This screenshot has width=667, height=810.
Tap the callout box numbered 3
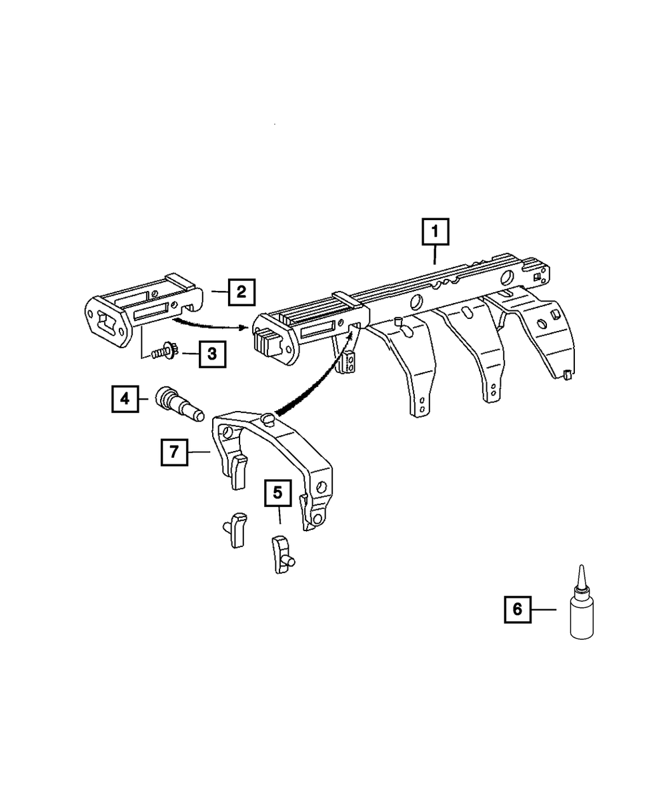(x=211, y=354)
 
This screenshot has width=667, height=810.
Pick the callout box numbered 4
(x=125, y=400)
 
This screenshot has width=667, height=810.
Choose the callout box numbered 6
(x=518, y=609)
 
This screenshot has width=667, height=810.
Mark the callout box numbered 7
(x=173, y=452)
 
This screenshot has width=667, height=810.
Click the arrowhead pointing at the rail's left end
(x=246, y=328)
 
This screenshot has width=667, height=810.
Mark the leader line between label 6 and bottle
(x=546, y=609)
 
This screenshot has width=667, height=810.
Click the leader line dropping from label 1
(x=435, y=255)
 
